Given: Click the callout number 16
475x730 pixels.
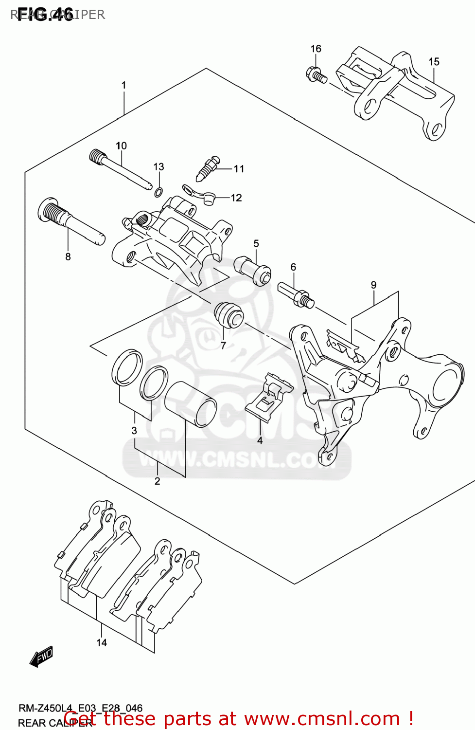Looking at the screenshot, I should click(x=316, y=49).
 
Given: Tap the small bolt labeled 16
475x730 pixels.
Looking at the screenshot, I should click(x=316, y=76).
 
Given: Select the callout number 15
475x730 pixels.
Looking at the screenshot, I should click(x=434, y=62).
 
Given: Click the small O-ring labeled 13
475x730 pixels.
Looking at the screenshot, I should click(x=158, y=192).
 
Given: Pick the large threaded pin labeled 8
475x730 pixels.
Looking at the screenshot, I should click(x=68, y=222).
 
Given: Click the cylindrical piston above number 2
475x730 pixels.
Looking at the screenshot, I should click(x=190, y=404).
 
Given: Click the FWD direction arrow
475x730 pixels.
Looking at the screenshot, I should click(x=41, y=657).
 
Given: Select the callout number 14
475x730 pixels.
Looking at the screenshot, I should click(x=102, y=643).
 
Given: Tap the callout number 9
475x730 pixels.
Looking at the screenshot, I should click(x=373, y=285).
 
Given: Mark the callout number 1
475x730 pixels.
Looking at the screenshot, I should click(x=124, y=85).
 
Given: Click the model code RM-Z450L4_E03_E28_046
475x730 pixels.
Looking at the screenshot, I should click(x=80, y=708).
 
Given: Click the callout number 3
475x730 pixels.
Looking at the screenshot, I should click(x=134, y=430).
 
